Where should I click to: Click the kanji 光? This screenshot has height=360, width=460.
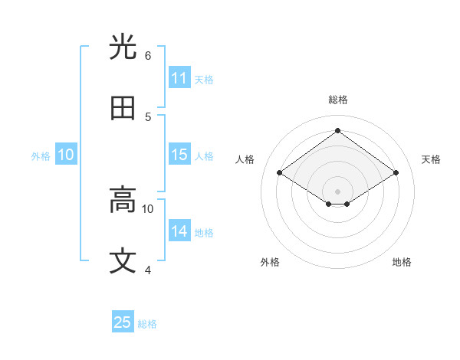123,47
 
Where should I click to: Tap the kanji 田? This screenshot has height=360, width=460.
123,108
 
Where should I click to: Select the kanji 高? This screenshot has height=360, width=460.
123,201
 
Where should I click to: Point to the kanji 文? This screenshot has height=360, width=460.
123,261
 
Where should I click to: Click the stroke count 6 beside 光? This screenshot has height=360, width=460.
148,56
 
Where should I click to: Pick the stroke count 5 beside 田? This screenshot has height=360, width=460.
148,116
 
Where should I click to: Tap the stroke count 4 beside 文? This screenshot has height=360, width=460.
148,270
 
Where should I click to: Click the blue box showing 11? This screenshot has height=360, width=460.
179,78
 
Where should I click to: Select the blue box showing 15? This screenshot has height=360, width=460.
179,155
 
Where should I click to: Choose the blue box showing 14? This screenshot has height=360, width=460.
179,231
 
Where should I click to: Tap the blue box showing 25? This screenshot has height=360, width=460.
123,322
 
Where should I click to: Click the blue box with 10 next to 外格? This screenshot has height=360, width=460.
66,155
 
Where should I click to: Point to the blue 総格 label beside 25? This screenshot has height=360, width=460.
147,324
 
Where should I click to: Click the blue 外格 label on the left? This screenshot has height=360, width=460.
41,156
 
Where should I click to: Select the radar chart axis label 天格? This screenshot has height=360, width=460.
431,159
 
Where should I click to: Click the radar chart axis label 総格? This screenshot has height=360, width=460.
338,100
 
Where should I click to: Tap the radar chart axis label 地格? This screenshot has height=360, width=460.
402,262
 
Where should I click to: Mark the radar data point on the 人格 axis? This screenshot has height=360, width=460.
280,173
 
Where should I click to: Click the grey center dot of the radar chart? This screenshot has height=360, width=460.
338,190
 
